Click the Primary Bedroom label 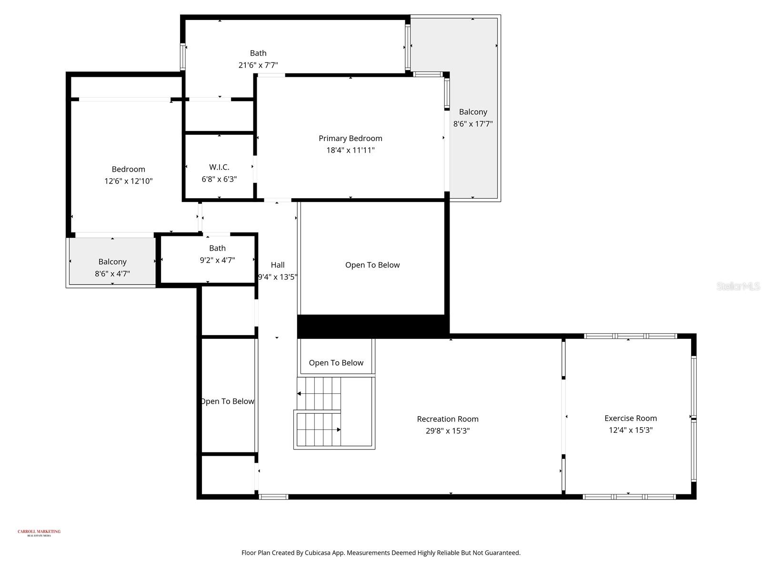tap(350, 138)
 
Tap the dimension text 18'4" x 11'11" tap(350, 150)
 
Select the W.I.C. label tap(219, 167)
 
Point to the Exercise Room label tap(631, 418)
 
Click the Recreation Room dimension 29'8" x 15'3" tap(448, 431)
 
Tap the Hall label tap(278, 265)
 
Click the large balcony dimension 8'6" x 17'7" tap(473, 124)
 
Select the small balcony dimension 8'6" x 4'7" tap(112, 274)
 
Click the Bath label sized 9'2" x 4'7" tap(217, 248)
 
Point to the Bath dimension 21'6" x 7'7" tap(258, 65)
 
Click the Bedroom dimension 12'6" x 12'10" tap(129, 181)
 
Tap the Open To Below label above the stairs tap(336, 363)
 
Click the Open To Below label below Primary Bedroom tap(372, 265)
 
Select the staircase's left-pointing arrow tap(300, 394)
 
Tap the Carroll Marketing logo tap(39, 532)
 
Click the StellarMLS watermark tap(738, 286)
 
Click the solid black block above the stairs tap(372, 327)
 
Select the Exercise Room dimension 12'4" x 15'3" tap(631, 430)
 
